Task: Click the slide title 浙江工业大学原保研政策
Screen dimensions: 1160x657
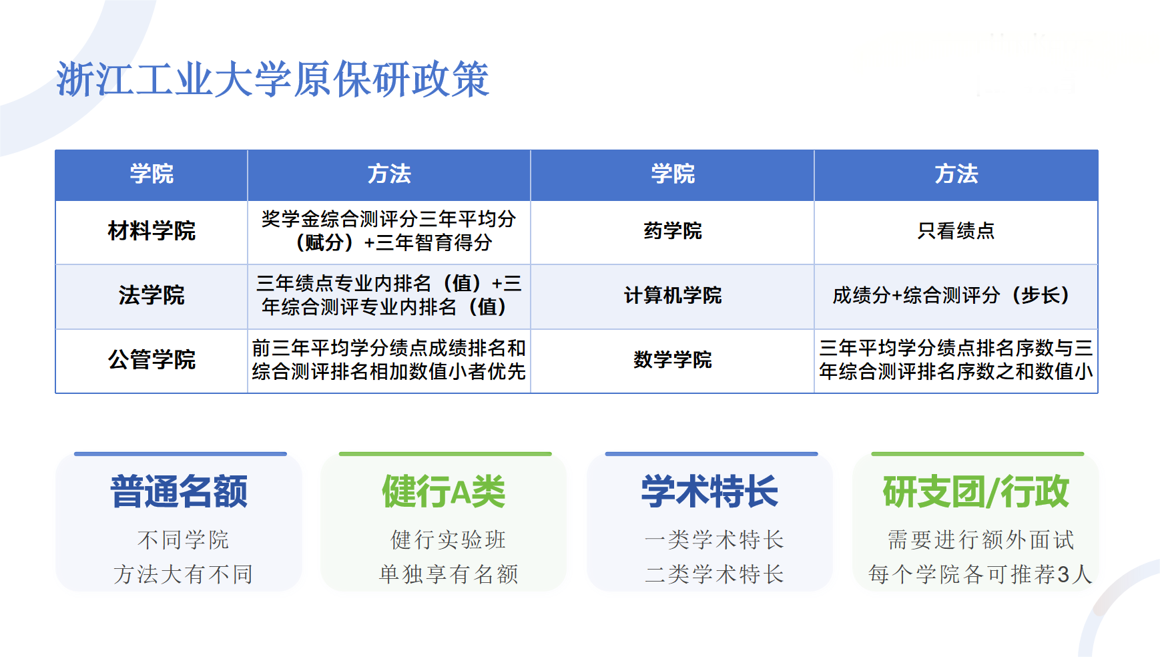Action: pos(273,79)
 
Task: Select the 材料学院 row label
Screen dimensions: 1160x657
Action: pos(152,231)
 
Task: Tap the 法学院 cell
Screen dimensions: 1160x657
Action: pos(152,295)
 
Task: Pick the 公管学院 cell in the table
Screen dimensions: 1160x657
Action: pos(152,360)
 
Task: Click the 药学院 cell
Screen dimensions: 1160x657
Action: pos(673,231)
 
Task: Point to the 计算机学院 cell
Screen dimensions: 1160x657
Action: pos(673,295)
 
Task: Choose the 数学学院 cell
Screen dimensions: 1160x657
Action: pos(673,360)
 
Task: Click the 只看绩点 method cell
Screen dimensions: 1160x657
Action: pos(956,231)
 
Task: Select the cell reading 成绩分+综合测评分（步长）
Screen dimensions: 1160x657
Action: pos(956,295)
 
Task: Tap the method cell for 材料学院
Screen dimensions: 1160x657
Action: pos(389,231)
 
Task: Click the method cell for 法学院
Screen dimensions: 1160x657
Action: pos(389,295)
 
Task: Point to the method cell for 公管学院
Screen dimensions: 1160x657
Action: pos(389,360)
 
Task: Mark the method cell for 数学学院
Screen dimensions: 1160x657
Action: pos(956,360)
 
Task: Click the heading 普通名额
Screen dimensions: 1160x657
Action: pos(179,491)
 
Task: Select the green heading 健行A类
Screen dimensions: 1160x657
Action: pos(444,491)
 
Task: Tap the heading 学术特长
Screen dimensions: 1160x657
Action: pos(710,491)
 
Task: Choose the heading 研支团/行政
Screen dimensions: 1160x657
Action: pos(976,491)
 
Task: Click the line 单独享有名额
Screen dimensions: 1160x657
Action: pos(449,574)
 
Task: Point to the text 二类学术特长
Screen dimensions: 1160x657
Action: pos(714,574)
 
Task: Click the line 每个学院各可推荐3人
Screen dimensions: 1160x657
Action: pos(980,574)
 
